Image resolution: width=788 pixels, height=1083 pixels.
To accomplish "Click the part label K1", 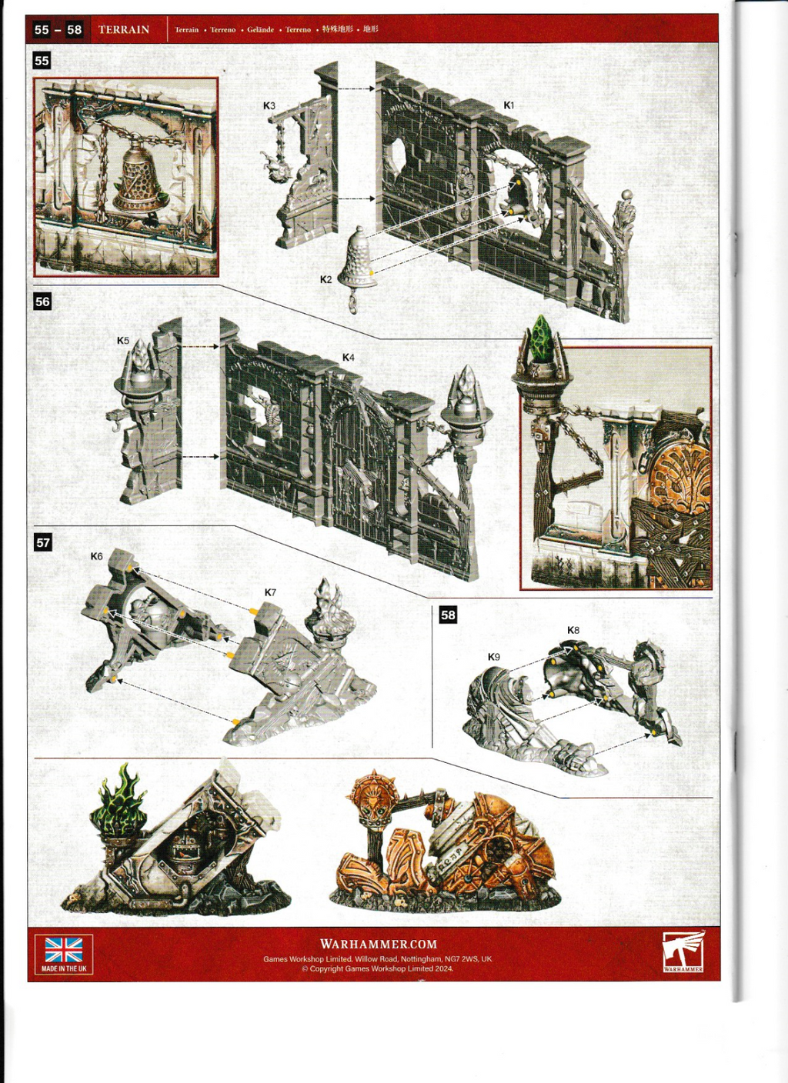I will pyautogui.click(x=509, y=105).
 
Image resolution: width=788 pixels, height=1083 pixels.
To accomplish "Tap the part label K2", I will pyautogui.click(x=326, y=279).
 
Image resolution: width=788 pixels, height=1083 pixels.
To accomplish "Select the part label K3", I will pyautogui.click(x=269, y=106).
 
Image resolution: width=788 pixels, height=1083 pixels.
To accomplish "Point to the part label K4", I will pyautogui.click(x=349, y=358).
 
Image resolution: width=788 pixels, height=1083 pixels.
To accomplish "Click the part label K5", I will pyautogui.click(x=123, y=341).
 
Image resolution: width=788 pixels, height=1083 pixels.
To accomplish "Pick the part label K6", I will pyautogui.click(x=96, y=556).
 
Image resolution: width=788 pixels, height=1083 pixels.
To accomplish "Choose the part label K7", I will pyautogui.click(x=270, y=592).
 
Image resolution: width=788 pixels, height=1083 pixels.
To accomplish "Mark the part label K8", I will pyautogui.click(x=573, y=630).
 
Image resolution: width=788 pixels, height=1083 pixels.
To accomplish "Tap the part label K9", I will pyautogui.click(x=494, y=657).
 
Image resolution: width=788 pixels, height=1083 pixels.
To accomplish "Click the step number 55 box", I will pyautogui.click(x=42, y=61).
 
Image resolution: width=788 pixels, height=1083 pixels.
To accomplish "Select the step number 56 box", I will pyautogui.click(x=42, y=302).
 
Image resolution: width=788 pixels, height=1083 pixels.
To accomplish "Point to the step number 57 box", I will pyautogui.click(x=43, y=542).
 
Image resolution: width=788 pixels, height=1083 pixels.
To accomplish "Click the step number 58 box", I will pyautogui.click(x=448, y=615).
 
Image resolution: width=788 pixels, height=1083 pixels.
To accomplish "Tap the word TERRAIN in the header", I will pyautogui.click(x=124, y=29).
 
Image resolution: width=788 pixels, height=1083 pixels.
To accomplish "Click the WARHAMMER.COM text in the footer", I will pyautogui.click(x=379, y=944).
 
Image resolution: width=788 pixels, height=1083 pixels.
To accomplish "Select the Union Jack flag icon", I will pyautogui.click(x=64, y=950).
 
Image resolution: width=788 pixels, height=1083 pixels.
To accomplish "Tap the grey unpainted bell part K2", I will pyautogui.click(x=359, y=258).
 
